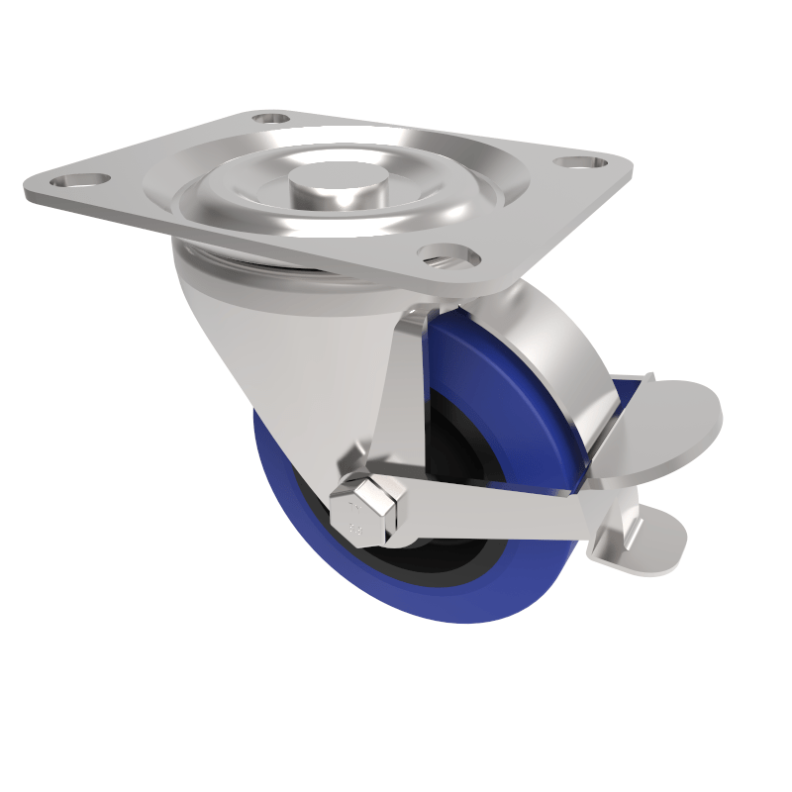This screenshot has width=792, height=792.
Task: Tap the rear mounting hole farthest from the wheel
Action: coord(269,119)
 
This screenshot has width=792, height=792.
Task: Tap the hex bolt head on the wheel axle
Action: coord(375,510)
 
